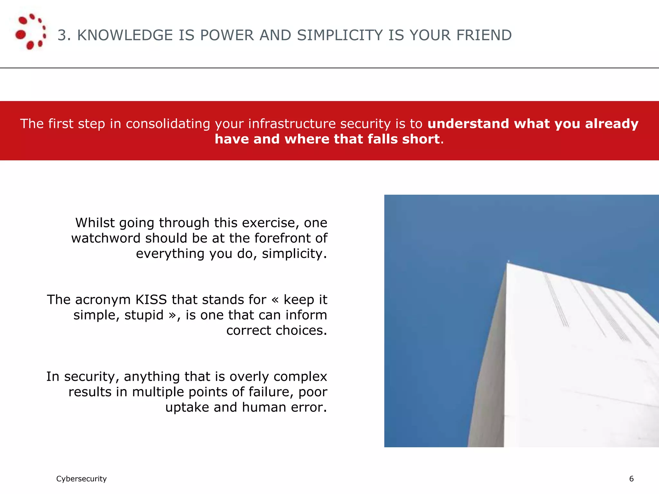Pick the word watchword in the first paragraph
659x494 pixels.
point(106,238)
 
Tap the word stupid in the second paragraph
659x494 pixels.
point(144,315)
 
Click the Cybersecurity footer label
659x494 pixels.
point(81,479)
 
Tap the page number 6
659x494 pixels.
point(631,479)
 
